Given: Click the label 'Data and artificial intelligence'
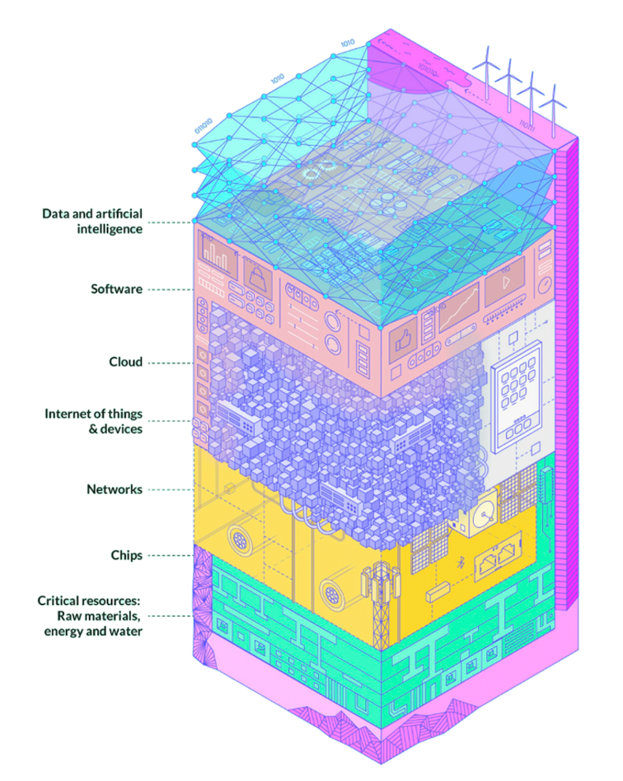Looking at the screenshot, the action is coord(92,222).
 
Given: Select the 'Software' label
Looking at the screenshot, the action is coord(116,289).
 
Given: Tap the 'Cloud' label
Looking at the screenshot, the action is coord(125,362).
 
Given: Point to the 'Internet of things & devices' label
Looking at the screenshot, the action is coord(93,421).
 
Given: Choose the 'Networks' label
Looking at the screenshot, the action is coord(115,489).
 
